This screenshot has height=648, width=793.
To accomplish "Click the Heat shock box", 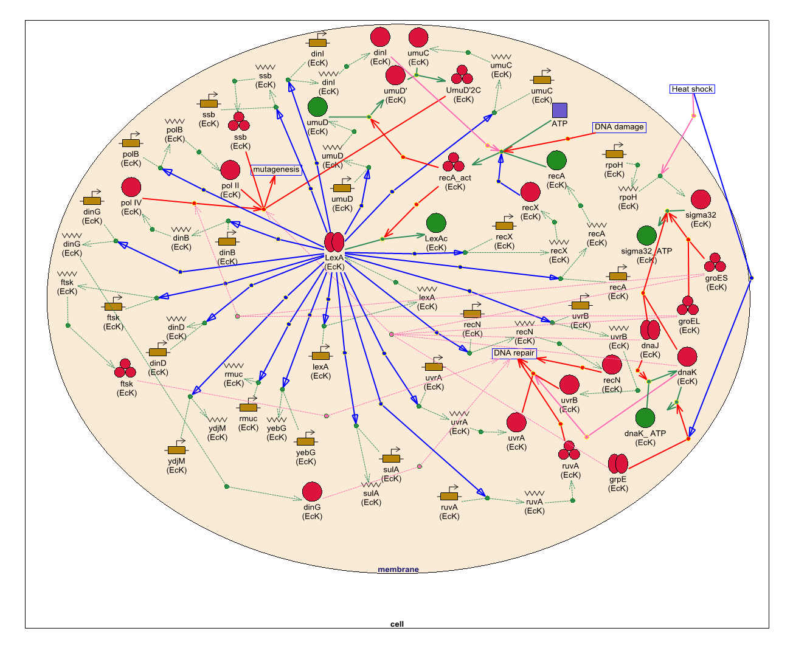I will [x=692, y=89].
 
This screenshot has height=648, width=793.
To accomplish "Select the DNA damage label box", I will [x=618, y=127].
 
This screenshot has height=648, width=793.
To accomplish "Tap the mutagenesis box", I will [x=276, y=170].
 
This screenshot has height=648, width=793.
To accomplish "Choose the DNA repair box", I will [x=514, y=353].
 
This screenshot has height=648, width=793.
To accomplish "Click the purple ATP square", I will [x=559, y=110].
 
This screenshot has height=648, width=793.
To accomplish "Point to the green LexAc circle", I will [x=436, y=223].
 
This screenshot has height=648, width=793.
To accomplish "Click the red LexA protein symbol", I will [x=334, y=242].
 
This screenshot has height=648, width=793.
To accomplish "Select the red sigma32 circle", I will [x=701, y=199].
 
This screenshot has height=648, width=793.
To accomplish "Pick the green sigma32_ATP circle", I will [x=646, y=236].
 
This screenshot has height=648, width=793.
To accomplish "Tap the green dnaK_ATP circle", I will [x=645, y=418].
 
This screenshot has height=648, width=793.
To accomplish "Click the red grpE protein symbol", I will [x=618, y=464].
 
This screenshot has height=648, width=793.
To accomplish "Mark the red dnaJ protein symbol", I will [x=650, y=331].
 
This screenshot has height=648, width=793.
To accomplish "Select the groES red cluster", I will [x=715, y=263].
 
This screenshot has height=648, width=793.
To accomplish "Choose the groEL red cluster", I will [x=688, y=306].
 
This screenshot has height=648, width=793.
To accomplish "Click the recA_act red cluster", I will [x=454, y=163].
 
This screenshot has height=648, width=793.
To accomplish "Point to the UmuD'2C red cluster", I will [x=462, y=75].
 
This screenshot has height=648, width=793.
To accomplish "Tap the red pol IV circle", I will [x=131, y=187].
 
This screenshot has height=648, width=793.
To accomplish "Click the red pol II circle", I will [x=230, y=170].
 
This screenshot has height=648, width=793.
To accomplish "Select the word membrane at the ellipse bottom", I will [x=398, y=570].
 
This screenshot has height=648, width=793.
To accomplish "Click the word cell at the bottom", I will [x=396, y=624].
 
